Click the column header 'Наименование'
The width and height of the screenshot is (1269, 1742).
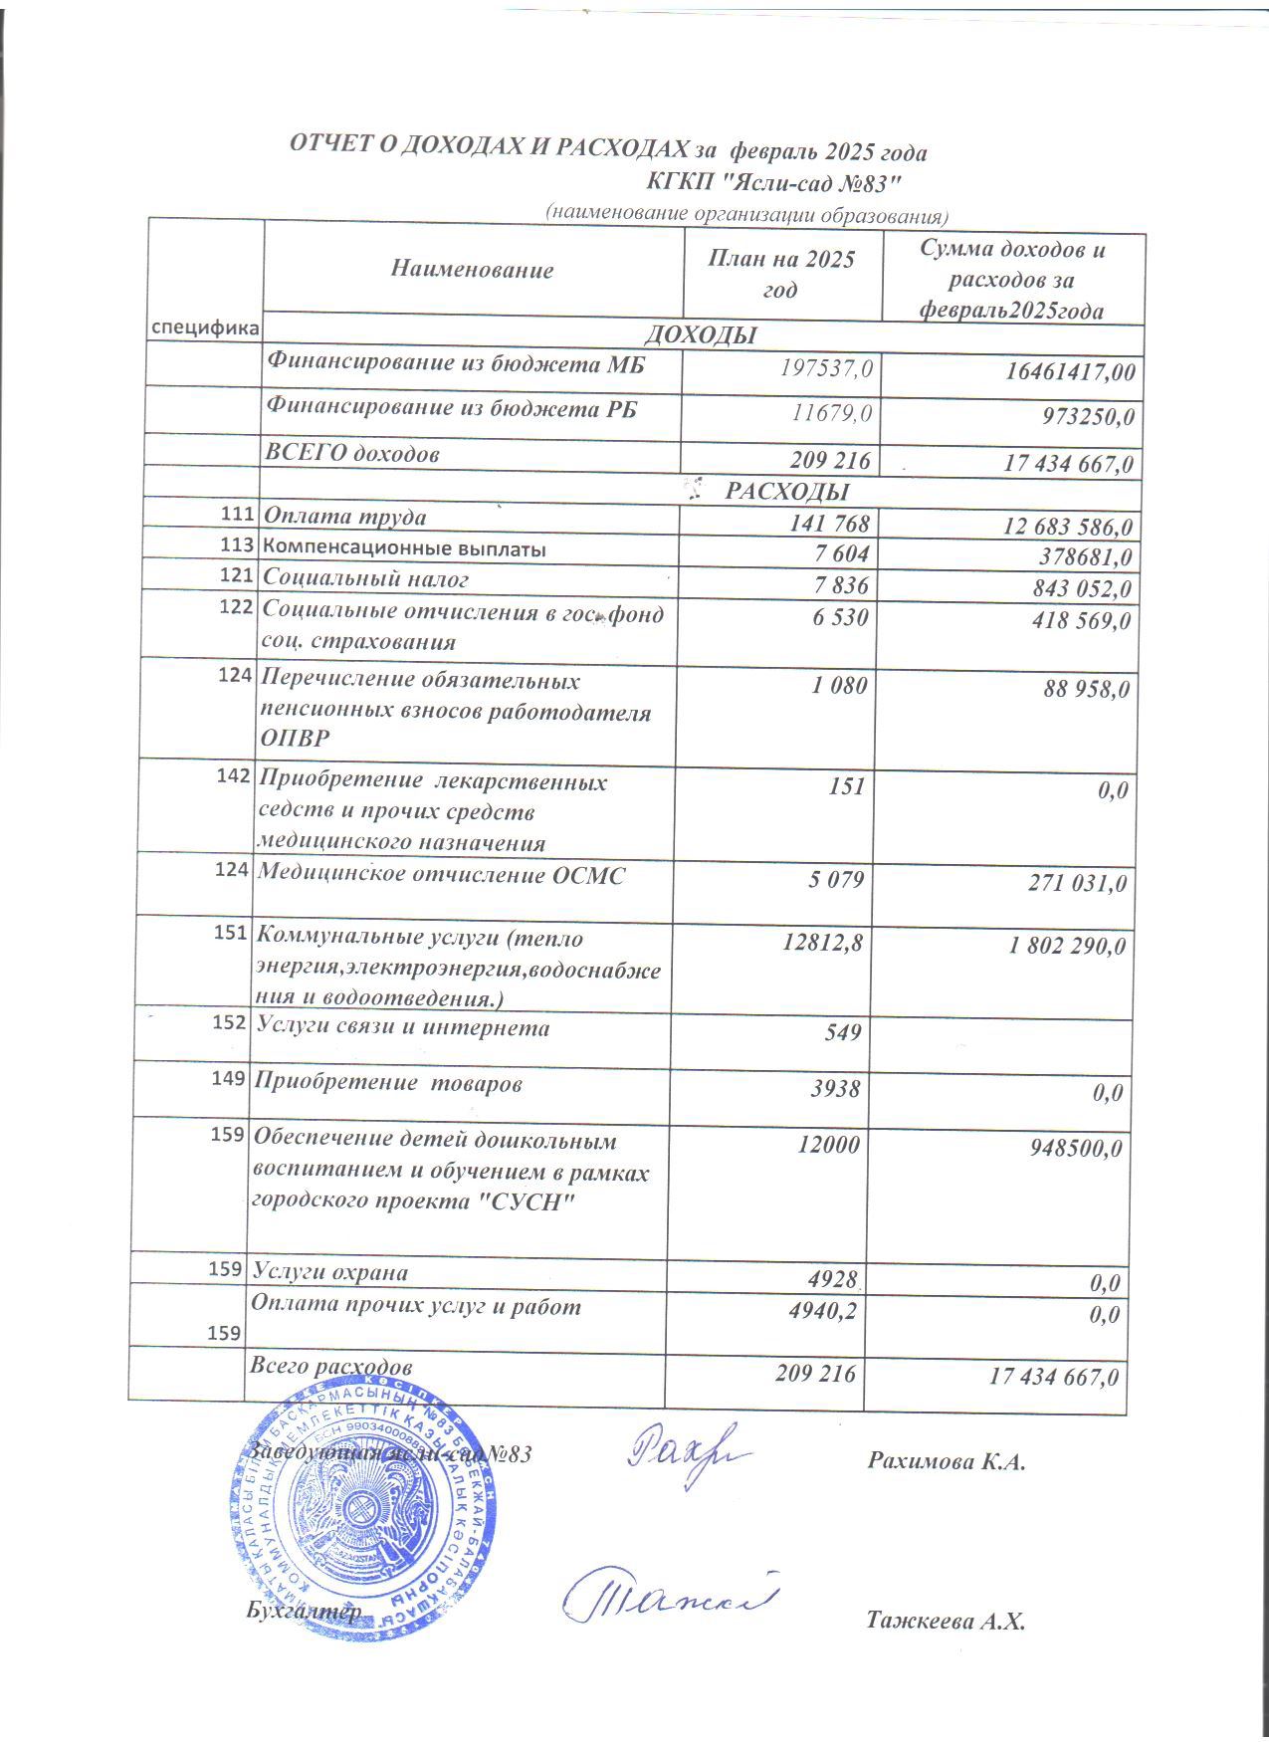pos(472,269)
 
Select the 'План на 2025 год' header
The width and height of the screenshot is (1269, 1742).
pos(780,273)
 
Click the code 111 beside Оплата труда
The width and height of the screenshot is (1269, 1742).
pos(235,515)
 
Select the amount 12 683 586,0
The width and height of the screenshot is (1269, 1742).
pos(1056,526)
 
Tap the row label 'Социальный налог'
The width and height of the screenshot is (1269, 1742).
pos(364,577)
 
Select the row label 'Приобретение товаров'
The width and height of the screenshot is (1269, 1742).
pos(388,1084)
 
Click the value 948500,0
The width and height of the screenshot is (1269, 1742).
pos(1074,1149)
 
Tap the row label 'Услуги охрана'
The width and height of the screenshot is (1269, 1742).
pos(330,1271)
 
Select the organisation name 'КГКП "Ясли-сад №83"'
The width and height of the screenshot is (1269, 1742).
pos(773,182)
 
